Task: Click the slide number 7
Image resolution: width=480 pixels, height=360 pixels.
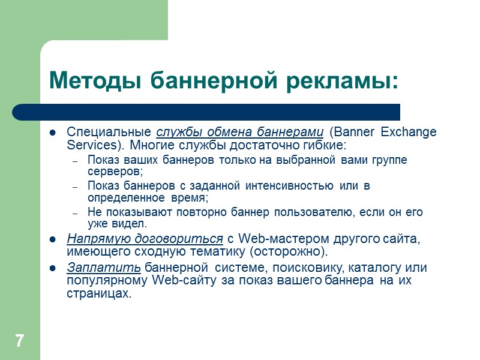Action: point(20,341)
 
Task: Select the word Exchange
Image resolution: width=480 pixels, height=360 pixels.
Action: point(409,132)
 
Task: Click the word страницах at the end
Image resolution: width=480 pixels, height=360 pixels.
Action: point(98,294)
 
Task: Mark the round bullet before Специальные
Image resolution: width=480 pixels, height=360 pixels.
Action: point(53,133)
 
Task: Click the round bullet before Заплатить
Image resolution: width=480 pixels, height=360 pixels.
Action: point(53,268)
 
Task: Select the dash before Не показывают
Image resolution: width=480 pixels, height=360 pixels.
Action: point(75,213)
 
